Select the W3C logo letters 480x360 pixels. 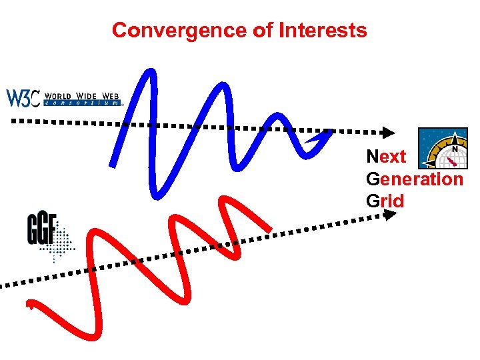24,98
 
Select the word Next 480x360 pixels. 386,157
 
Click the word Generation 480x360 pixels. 414,179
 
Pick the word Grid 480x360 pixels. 385,200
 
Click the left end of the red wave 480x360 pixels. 29,306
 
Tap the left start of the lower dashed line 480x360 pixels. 3,285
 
